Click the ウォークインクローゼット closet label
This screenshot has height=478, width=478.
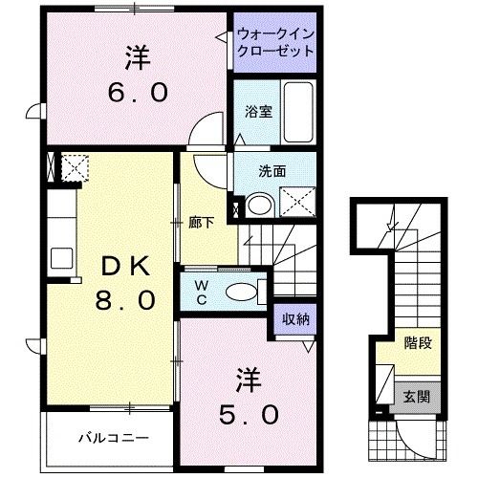click(275, 43)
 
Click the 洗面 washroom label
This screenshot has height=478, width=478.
click(272, 172)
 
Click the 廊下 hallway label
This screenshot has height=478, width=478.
click(201, 223)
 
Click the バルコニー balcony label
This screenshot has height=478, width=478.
click(113, 438)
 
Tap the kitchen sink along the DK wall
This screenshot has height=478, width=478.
click(61, 257)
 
